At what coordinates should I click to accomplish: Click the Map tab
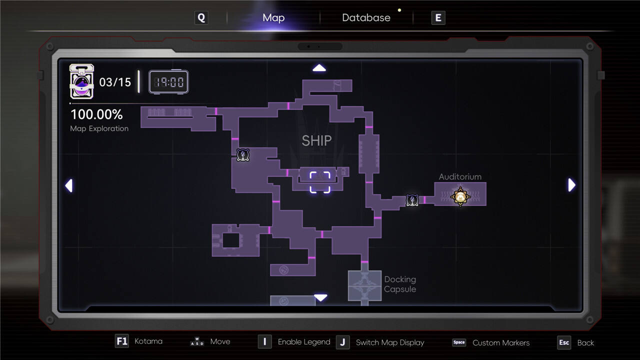point(273,18)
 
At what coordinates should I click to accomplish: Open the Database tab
point(366,18)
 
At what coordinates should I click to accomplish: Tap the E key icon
point(438,18)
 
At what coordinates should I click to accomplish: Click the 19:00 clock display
point(168,81)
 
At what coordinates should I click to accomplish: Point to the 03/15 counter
point(115,82)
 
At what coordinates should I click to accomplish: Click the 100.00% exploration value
point(96,114)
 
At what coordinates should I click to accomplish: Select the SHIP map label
point(316,141)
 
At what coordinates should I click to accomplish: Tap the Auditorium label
point(460,176)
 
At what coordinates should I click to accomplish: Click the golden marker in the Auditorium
point(460,196)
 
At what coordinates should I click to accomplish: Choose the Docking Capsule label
point(400,284)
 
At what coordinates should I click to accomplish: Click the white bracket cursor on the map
point(320,182)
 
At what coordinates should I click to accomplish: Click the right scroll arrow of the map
point(571,185)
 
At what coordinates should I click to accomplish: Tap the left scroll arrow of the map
point(69,185)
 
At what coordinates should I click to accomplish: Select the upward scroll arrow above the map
point(319,68)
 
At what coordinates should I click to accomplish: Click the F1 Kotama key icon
point(122,341)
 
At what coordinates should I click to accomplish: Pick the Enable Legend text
point(304,342)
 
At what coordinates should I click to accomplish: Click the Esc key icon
point(564,342)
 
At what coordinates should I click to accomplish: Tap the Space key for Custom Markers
point(459,342)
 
